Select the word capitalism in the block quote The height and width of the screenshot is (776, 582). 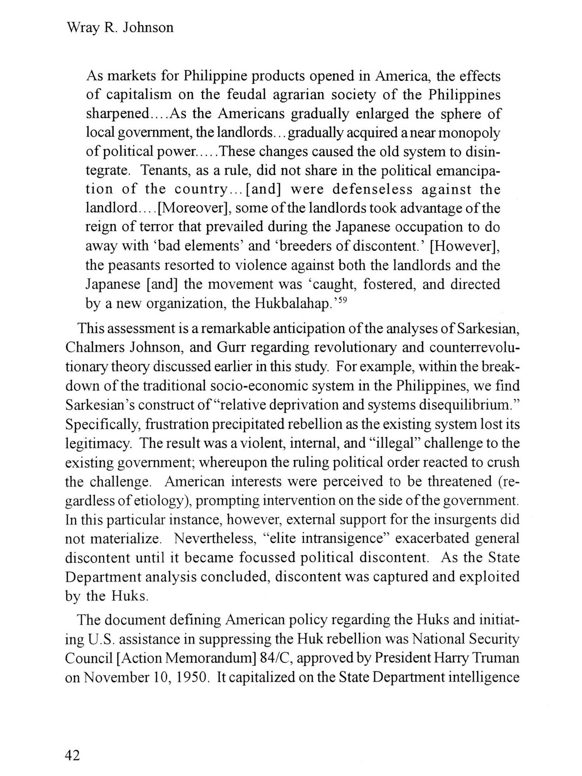(x=139, y=95)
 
